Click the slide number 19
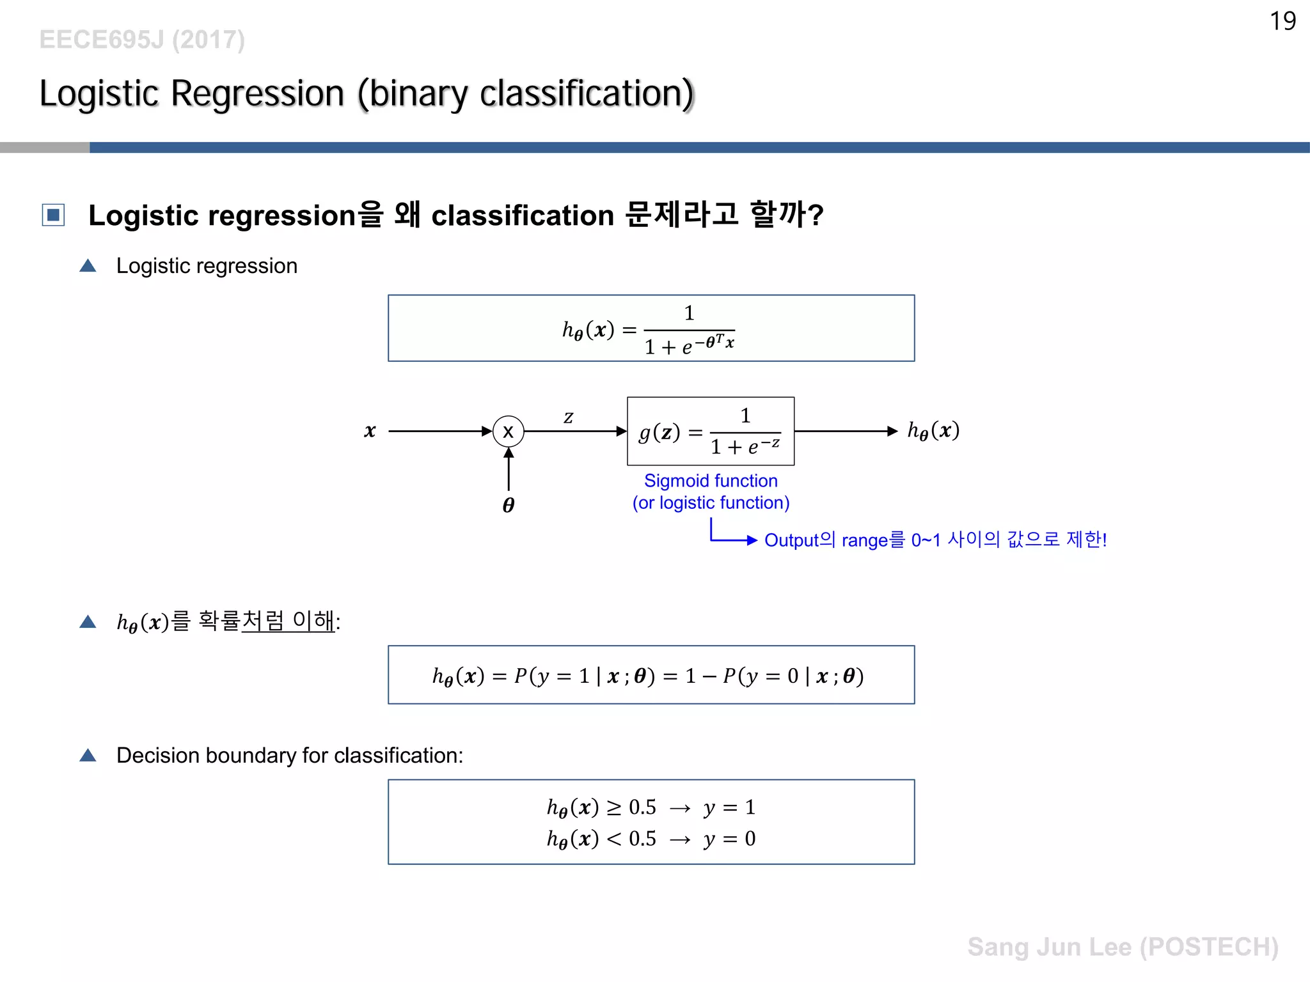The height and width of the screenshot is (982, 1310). [1282, 21]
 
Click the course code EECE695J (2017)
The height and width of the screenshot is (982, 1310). [142, 40]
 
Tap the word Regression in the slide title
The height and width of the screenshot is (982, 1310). [258, 94]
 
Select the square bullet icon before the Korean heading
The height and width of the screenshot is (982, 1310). [53, 215]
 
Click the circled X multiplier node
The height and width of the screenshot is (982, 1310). [509, 432]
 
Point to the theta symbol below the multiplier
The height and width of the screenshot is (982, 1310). [509, 505]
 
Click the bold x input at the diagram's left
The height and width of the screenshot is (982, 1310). [370, 431]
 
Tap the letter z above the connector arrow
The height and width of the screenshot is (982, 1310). [568, 417]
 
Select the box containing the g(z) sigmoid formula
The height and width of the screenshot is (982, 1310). [710, 431]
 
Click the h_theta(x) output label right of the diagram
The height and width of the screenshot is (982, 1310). [933, 430]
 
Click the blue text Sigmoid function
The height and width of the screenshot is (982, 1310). [710, 481]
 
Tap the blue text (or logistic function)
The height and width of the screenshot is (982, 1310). [710, 503]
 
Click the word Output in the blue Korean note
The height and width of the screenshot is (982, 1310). [791, 540]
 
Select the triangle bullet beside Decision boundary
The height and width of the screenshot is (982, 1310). [88, 756]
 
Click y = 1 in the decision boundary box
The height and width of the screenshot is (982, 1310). [729, 807]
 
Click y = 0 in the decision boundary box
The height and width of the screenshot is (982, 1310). [729, 839]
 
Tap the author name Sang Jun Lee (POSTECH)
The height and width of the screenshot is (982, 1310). [1123, 947]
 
